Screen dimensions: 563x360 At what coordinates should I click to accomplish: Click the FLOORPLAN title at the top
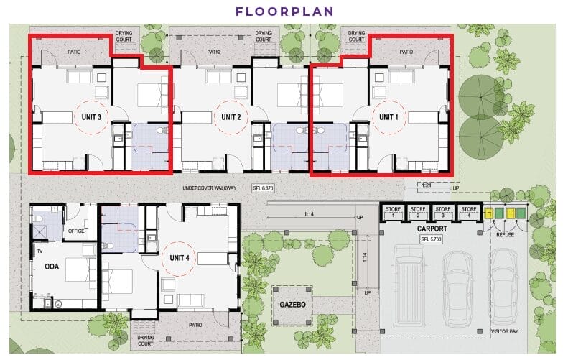pos(284,11)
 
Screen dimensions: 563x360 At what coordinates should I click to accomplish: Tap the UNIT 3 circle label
pos(91,117)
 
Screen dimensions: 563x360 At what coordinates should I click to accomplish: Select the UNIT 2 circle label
pos(231,117)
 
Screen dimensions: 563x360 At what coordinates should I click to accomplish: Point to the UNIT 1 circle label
pos(388,117)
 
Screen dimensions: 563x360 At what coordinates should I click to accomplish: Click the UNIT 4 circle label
pos(180,258)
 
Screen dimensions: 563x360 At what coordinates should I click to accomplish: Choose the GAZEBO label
pos(293,305)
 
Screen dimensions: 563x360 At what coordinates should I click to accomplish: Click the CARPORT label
pos(432,229)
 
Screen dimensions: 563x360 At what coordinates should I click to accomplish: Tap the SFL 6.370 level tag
pos(264,188)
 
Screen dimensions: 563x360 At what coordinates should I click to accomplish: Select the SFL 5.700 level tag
pos(431,239)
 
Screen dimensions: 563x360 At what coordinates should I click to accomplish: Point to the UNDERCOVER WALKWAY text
pos(210,188)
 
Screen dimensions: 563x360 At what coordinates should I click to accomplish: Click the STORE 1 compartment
pos(393,213)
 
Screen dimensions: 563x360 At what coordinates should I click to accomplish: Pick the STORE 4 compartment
pos(468,213)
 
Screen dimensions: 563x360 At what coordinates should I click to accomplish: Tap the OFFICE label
pos(76,231)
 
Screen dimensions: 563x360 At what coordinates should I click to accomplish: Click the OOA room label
pos(52,267)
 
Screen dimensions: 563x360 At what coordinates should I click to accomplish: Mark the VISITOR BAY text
pos(504,331)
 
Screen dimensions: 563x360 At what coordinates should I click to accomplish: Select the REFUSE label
pos(506,234)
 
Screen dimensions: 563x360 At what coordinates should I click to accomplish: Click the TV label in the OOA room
pos(39,251)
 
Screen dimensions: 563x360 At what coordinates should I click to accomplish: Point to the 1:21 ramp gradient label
pos(427,185)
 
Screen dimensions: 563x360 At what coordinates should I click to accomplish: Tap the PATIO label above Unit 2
pos(214,52)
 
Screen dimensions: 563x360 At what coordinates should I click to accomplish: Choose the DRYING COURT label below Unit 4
pos(145,341)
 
